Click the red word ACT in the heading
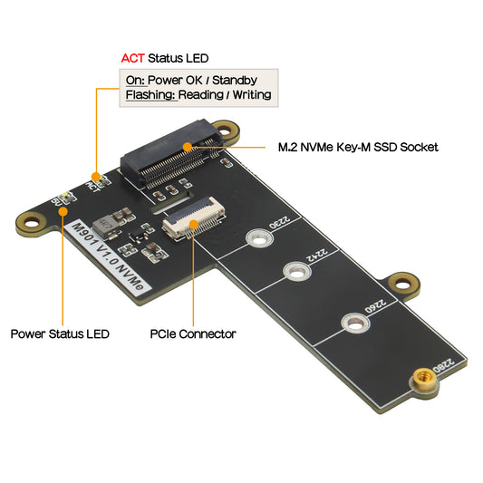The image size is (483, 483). coord(132,57)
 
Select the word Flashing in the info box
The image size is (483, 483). coord(150,94)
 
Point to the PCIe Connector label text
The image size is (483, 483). coord(192,334)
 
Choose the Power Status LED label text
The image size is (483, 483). coord(60,334)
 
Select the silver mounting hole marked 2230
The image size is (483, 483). coord(257,239)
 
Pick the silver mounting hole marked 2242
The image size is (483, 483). coord(295,270)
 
